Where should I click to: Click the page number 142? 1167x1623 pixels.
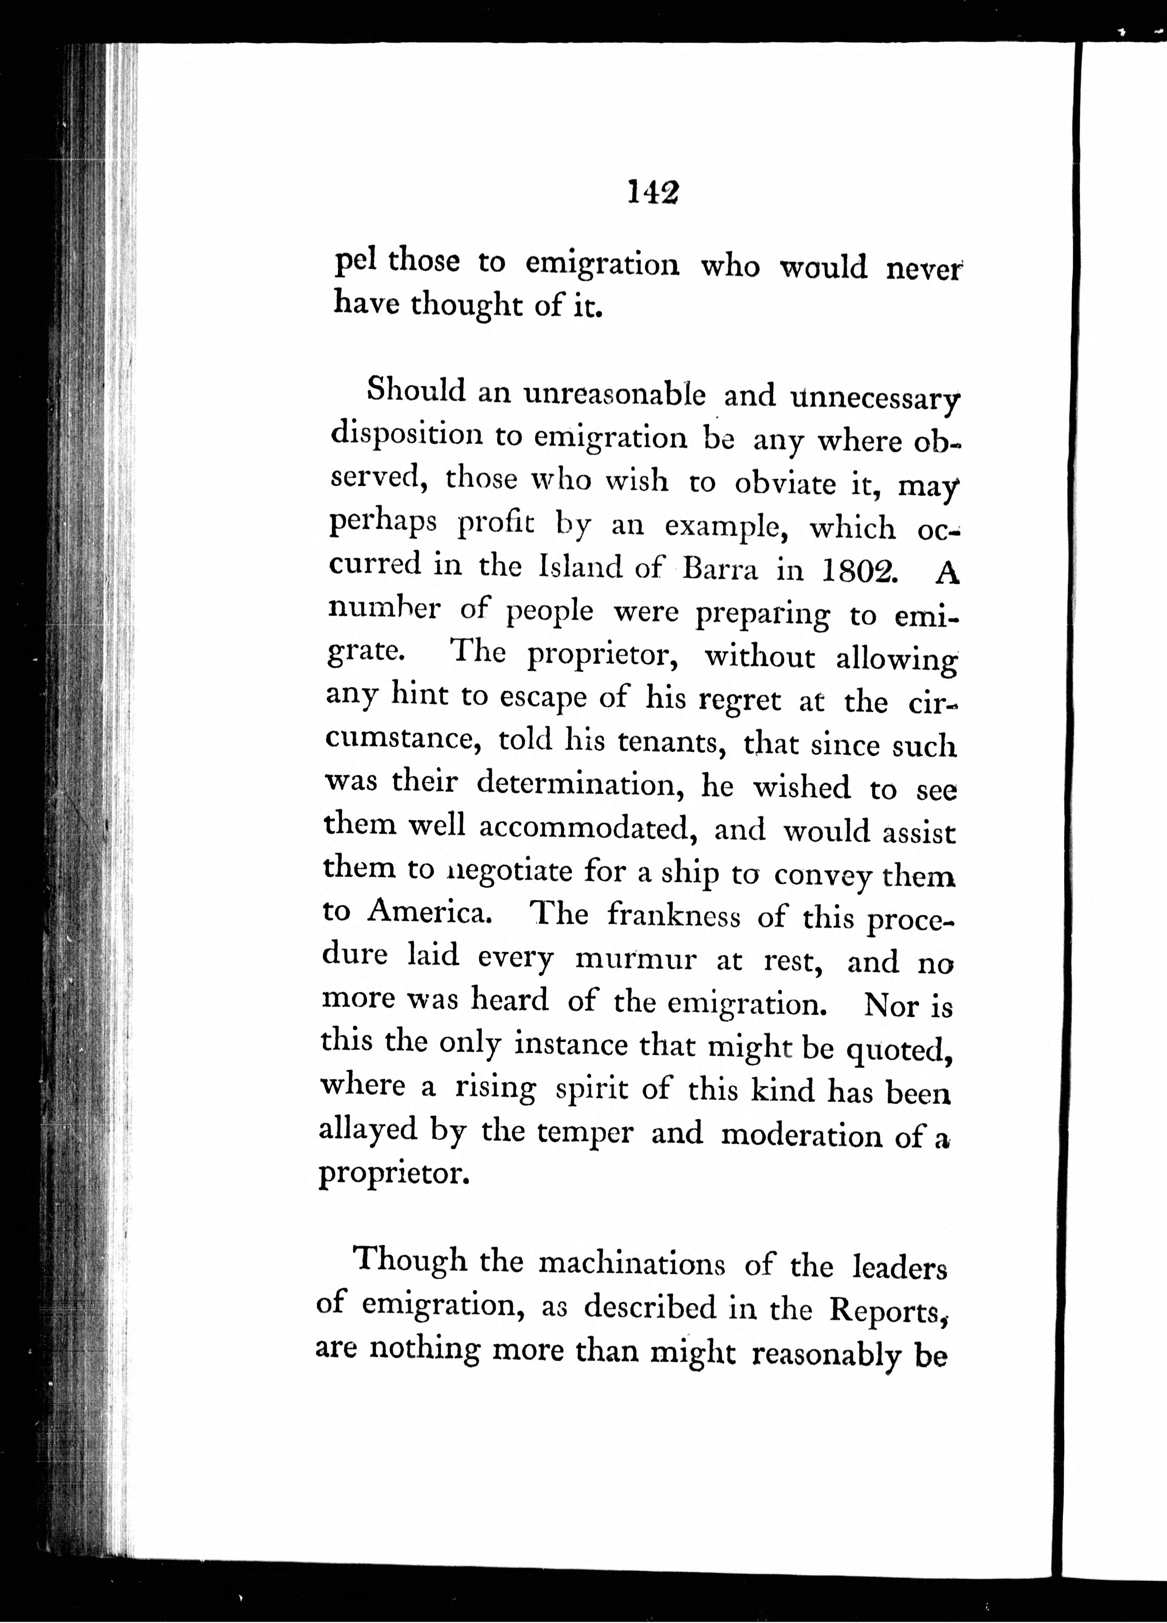[653, 191]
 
